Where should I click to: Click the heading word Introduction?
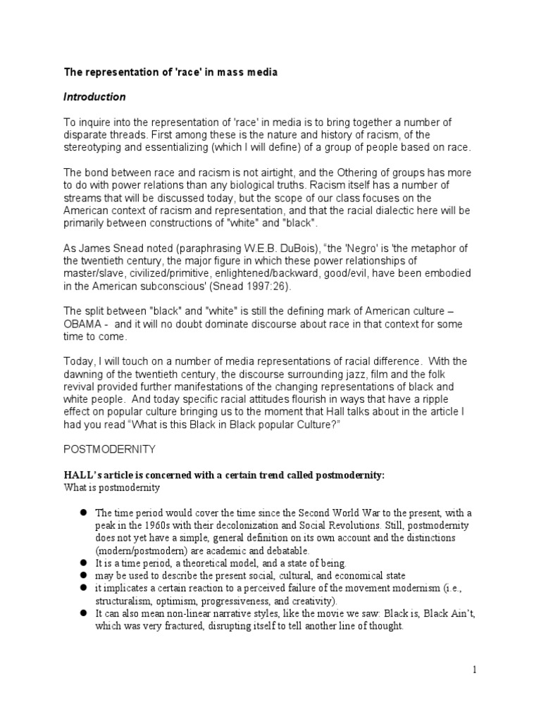pyautogui.click(x=95, y=96)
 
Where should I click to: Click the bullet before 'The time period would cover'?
pyautogui.click(x=82, y=512)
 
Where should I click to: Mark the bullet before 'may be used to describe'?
pyautogui.click(x=82, y=575)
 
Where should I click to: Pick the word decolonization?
pyautogui.click(x=236, y=525)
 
